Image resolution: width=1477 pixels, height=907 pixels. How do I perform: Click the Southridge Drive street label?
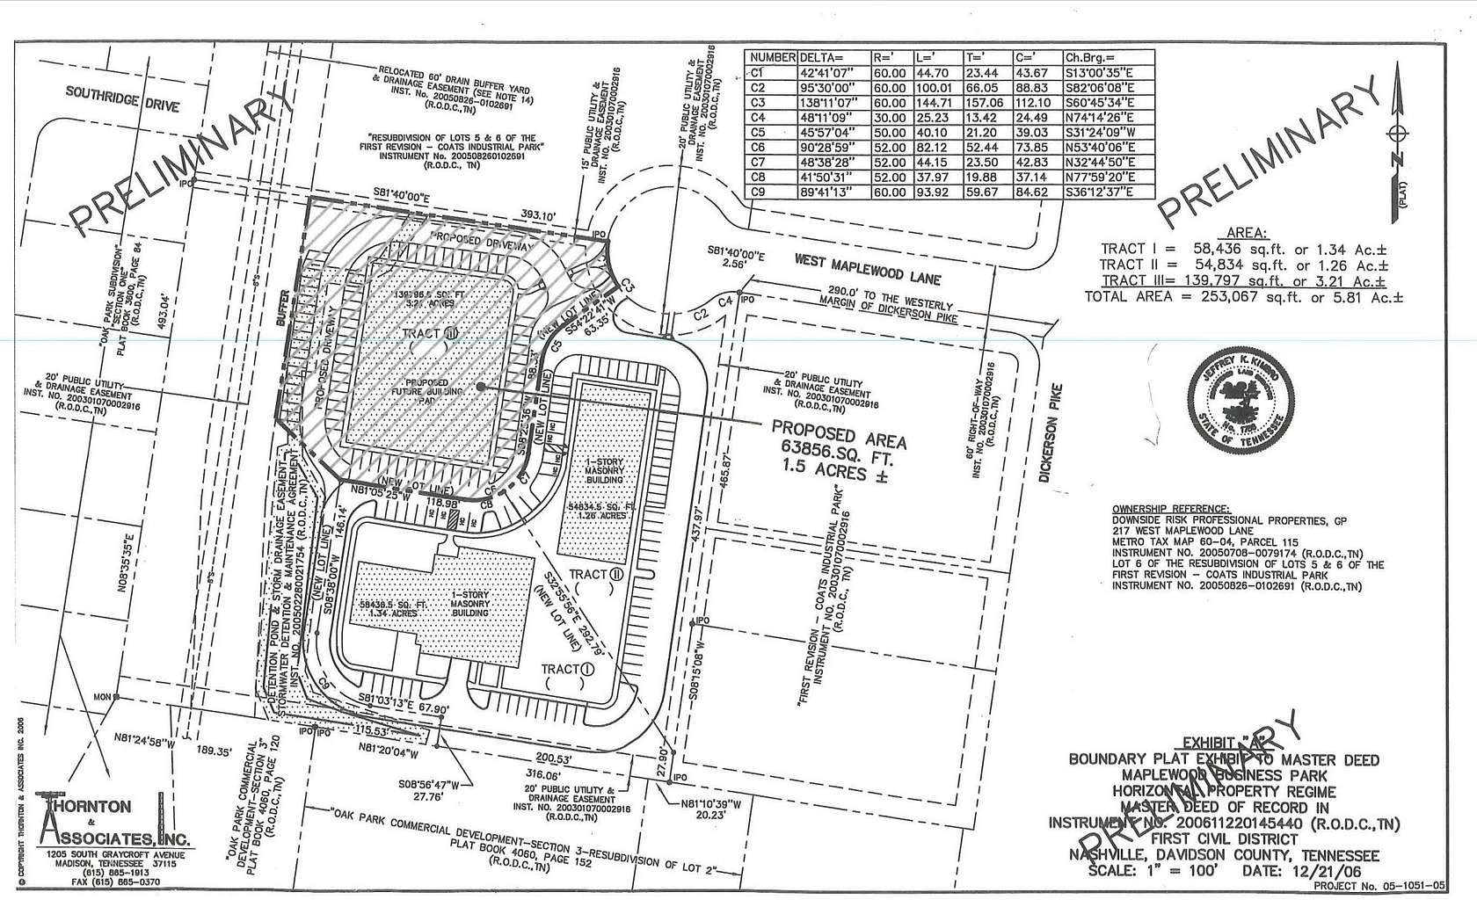pyautogui.click(x=123, y=100)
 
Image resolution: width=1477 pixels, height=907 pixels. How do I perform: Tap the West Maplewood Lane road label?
pyautogui.click(x=867, y=269)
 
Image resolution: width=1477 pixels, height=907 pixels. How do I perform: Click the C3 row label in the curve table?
pyautogui.click(x=759, y=102)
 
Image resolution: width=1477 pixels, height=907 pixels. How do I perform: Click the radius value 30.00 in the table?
pyautogui.click(x=888, y=117)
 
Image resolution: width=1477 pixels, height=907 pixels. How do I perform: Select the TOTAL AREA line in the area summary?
pyautogui.click(x=1244, y=297)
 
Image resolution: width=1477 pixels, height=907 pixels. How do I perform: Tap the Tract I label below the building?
pyautogui.click(x=568, y=670)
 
